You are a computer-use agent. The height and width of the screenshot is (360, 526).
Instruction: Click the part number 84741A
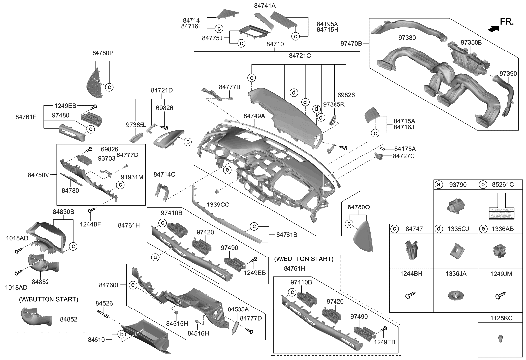pyautogui.click(x=265, y=5)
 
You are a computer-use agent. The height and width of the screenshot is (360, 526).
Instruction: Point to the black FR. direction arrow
pyautogui.click(x=492, y=29)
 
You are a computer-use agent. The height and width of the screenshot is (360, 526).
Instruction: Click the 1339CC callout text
pyautogui.click(x=218, y=204)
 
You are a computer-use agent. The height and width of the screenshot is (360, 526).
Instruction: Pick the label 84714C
pyautogui.click(x=164, y=174)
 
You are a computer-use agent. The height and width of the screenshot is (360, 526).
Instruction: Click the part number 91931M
pyautogui.click(x=132, y=177)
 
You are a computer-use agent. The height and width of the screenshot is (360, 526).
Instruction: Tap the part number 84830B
pyautogui.click(x=63, y=212)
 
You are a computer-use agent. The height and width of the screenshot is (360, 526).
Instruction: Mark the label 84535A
pyautogui.click(x=238, y=309)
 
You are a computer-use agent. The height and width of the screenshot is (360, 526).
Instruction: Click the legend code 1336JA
pyautogui.click(x=455, y=272)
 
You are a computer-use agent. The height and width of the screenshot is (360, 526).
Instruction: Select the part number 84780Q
pyautogui.click(x=358, y=207)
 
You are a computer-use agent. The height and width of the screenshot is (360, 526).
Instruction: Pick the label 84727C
pyautogui.click(x=404, y=156)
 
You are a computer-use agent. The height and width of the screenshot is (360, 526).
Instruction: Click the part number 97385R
pyautogui.click(x=333, y=105)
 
